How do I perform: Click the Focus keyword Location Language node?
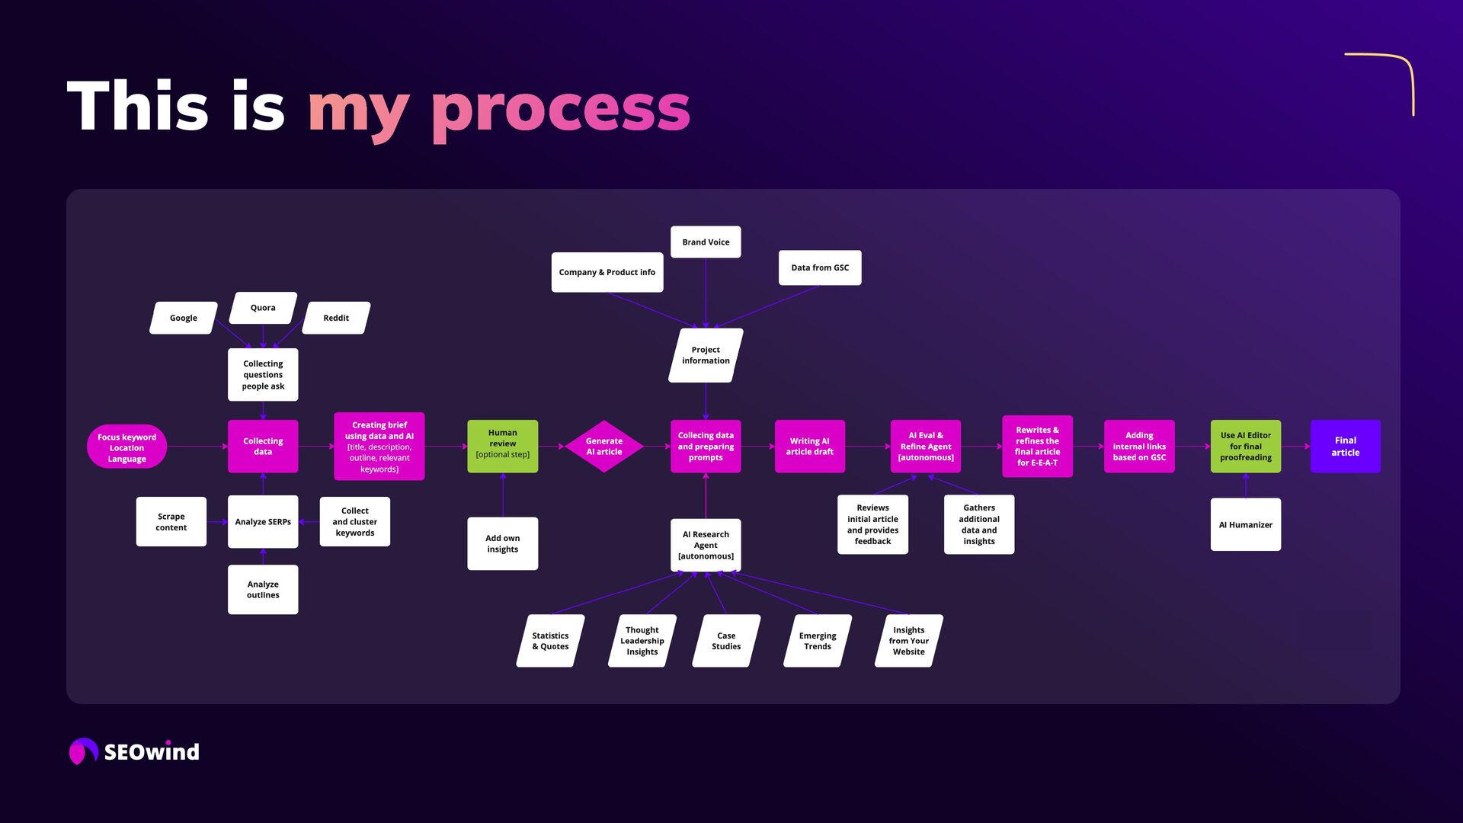point(126,447)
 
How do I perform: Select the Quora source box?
point(263,308)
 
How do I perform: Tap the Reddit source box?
point(336,318)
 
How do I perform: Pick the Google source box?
point(184,318)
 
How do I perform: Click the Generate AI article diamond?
point(604,447)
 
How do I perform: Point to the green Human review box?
point(502,446)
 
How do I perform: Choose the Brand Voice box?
point(706,242)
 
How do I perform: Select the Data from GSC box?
point(820,267)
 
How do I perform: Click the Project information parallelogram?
point(706,355)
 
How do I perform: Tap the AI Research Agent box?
point(706,545)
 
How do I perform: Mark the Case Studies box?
point(726,641)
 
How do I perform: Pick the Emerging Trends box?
point(818,641)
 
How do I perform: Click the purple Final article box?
point(1345,447)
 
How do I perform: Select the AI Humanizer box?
point(1245,525)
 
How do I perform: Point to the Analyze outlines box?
point(263,590)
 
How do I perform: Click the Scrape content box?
point(171,522)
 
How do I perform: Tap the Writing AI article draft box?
point(809,447)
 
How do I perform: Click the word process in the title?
point(561,108)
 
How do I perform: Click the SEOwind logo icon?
point(83,751)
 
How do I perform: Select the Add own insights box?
point(502,543)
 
